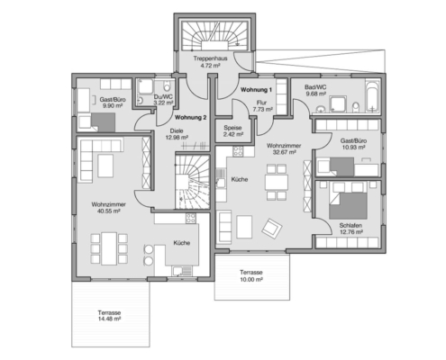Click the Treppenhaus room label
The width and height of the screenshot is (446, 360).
(x=210, y=58)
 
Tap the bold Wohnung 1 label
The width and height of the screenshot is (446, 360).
(x=256, y=90)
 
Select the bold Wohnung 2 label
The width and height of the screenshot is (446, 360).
(x=190, y=118)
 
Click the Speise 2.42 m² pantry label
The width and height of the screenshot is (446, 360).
(x=233, y=131)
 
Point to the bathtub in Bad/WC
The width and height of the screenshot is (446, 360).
(x=373, y=95)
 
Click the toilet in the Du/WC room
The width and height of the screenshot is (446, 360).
(x=167, y=86)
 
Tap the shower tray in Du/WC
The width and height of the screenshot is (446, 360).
(x=145, y=87)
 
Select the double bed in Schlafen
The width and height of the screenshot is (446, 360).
(x=348, y=201)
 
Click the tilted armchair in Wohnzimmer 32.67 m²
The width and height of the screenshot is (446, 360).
(x=272, y=229)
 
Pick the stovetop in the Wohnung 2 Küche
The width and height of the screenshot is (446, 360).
(x=191, y=218)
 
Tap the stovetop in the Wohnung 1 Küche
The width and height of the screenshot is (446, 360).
(x=238, y=151)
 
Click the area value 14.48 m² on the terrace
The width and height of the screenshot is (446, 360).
(x=109, y=319)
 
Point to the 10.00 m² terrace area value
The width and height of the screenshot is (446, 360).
(x=251, y=279)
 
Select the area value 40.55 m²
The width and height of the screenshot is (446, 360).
(x=108, y=211)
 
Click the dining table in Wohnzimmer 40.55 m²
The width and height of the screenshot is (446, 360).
(x=109, y=248)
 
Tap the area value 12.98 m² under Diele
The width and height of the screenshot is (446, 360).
(x=177, y=138)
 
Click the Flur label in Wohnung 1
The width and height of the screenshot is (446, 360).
(x=261, y=103)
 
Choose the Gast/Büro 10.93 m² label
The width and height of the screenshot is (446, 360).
(x=353, y=144)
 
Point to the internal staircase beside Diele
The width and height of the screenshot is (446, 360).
(x=192, y=182)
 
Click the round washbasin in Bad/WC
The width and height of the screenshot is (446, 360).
(x=322, y=108)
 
